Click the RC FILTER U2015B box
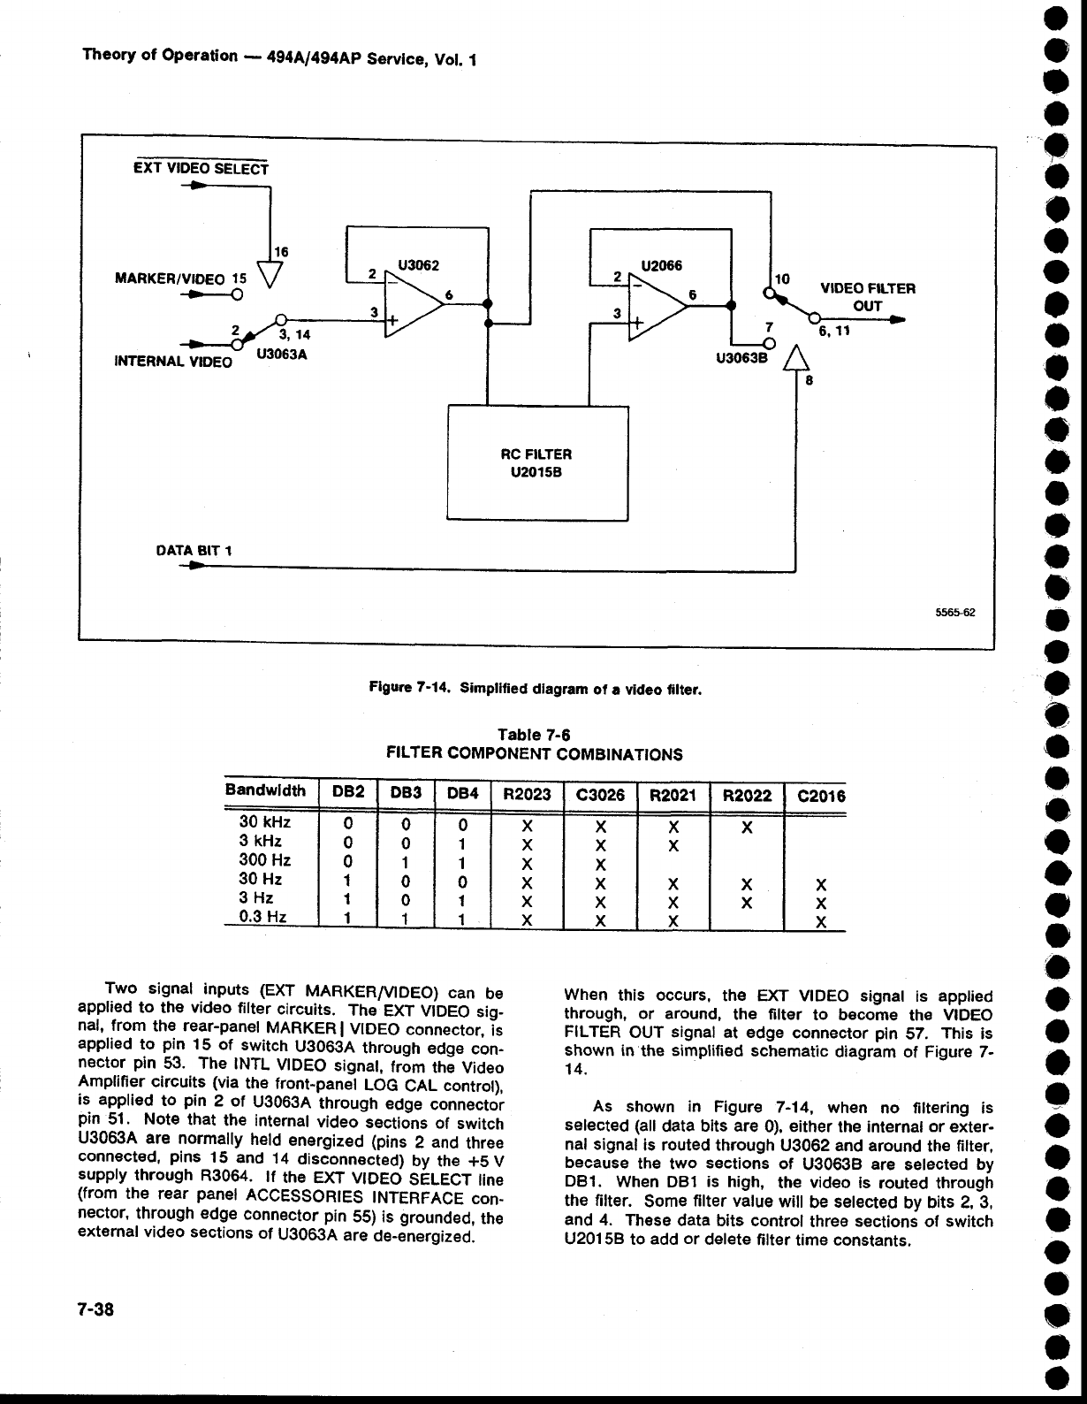(x=537, y=462)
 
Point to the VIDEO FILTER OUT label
(x=868, y=297)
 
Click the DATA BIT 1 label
(x=194, y=551)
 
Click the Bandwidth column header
(x=265, y=790)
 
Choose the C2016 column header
(x=821, y=796)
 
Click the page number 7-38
(x=98, y=1308)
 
